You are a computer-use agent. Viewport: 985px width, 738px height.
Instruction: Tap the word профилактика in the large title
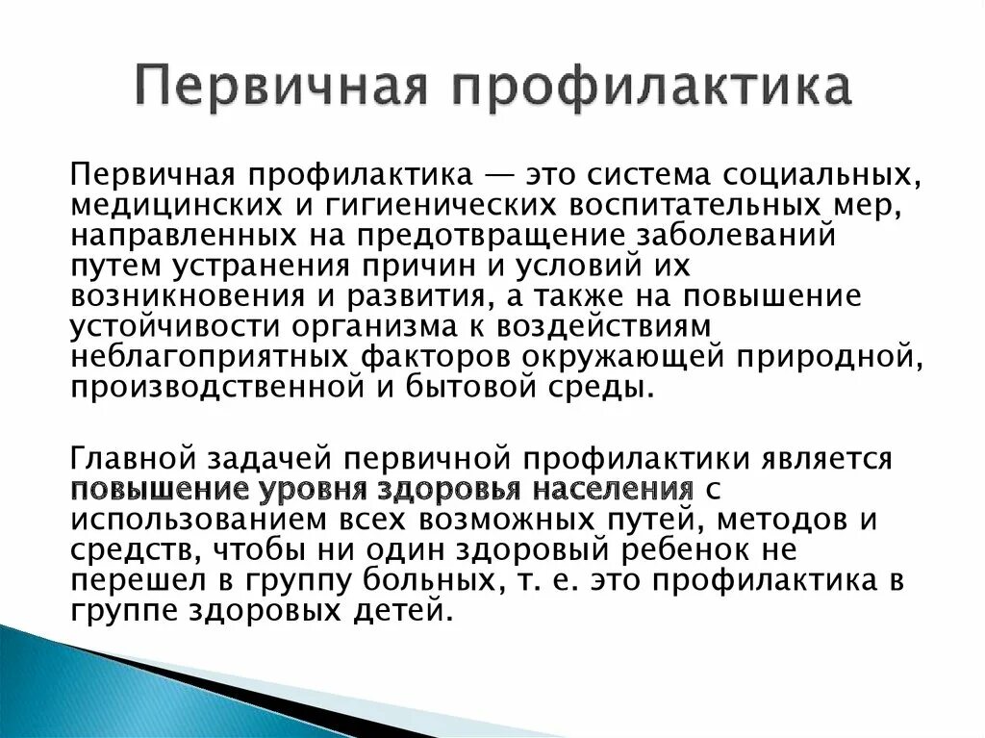point(653,87)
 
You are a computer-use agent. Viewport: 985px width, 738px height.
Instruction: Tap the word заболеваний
point(736,235)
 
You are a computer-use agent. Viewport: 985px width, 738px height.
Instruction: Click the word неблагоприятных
point(209,357)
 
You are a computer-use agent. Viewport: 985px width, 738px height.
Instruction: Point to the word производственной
point(217,387)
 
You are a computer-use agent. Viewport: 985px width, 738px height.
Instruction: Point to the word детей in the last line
point(403,610)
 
